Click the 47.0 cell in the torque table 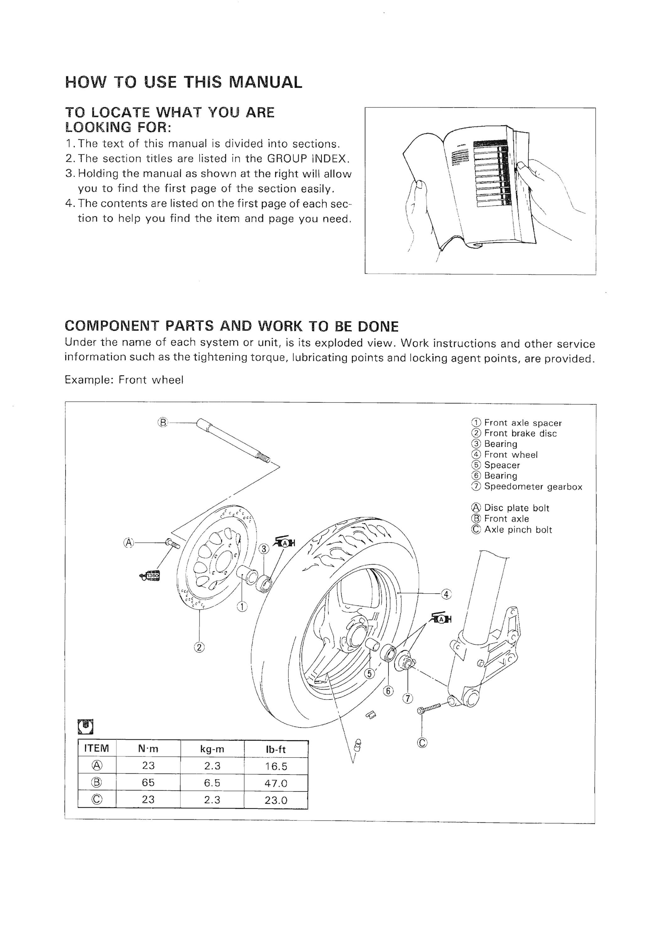(276, 783)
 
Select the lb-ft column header (276, 749)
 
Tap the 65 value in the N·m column (148, 783)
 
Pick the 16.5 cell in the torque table (276, 766)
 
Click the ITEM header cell (97, 749)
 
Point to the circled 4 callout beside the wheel (446, 594)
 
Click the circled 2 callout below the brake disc (199, 647)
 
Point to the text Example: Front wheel (124, 380)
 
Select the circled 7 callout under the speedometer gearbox (408, 698)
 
